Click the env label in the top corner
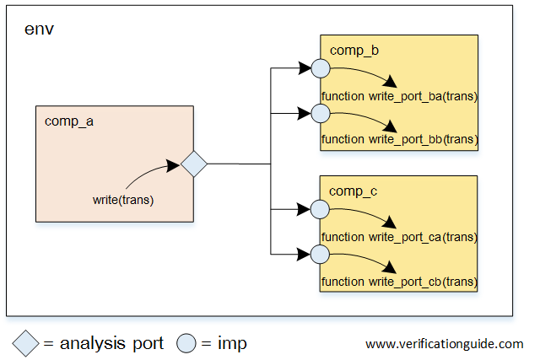[x=39, y=30]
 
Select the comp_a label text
[x=68, y=121]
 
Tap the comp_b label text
[x=354, y=51]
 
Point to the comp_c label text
[x=353, y=191]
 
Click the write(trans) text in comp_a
[x=123, y=200]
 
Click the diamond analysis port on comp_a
[x=194, y=164]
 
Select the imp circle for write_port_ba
[x=320, y=67]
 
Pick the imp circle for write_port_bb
[x=320, y=112]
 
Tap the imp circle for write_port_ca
[x=320, y=208]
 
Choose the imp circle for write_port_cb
[x=320, y=252]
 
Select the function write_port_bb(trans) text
[x=399, y=139]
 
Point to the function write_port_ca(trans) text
[x=399, y=237]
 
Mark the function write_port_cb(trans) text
[x=399, y=280]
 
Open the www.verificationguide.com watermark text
[x=444, y=344]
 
